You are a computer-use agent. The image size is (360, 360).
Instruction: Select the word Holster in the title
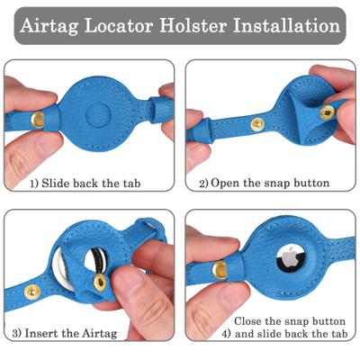point(209,25)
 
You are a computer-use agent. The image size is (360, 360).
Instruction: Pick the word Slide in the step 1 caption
point(62,184)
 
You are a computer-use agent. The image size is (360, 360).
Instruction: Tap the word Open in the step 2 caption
point(228,184)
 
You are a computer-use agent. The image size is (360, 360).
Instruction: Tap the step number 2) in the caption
point(203,184)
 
